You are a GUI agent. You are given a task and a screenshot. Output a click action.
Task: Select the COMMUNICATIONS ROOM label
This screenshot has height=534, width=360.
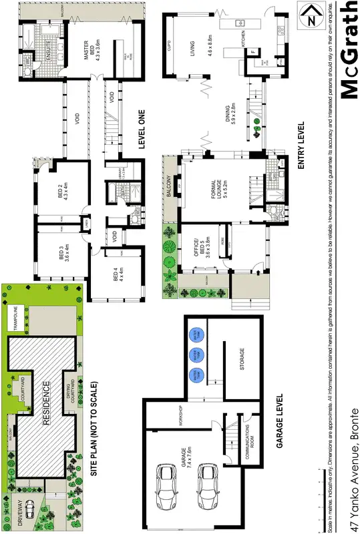(246, 438)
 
